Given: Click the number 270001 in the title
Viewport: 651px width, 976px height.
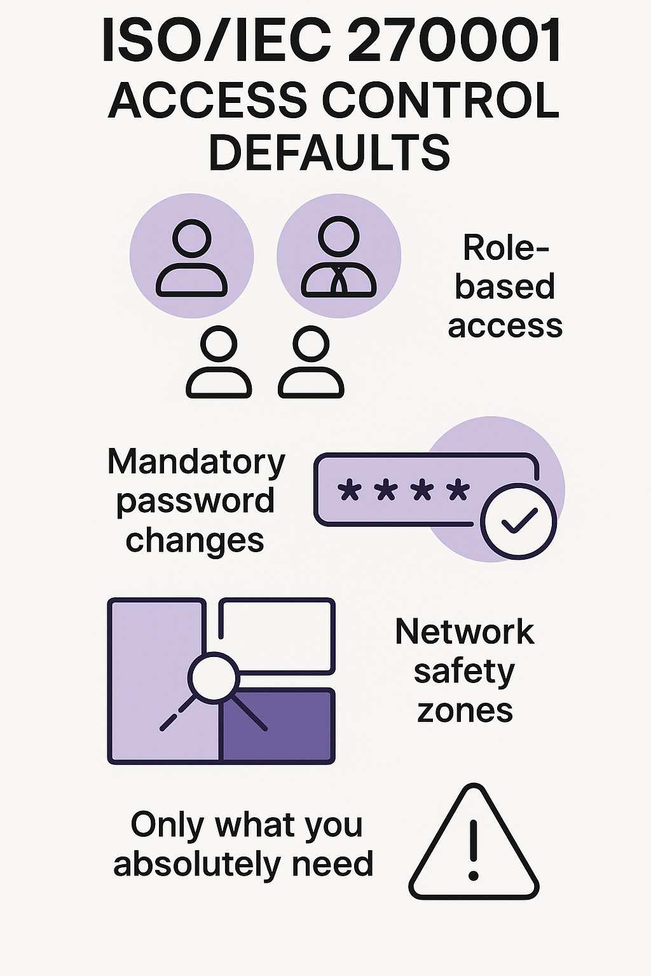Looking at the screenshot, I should pyautogui.click(x=455, y=41).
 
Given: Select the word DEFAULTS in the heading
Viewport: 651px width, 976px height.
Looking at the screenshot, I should pyautogui.click(x=329, y=152).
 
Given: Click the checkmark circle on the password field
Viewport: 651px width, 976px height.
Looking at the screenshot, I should pyautogui.click(x=518, y=522).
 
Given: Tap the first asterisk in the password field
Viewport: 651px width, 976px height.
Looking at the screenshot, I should pyautogui.click(x=348, y=491).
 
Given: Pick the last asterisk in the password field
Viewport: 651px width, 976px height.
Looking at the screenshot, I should pyautogui.click(x=458, y=491).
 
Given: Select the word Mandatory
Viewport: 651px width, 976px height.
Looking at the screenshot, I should pyautogui.click(x=196, y=463).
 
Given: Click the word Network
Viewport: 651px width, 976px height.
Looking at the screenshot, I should pyautogui.click(x=465, y=632).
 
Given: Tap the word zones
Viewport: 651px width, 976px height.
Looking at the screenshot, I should pyautogui.click(x=465, y=710).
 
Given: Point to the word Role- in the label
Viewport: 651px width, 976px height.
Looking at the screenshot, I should pyautogui.click(x=505, y=248).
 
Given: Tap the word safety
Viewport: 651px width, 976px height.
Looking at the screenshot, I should pyautogui.click(x=464, y=672).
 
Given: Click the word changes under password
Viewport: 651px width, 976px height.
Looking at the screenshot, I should pyautogui.click(x=195, y=541).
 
